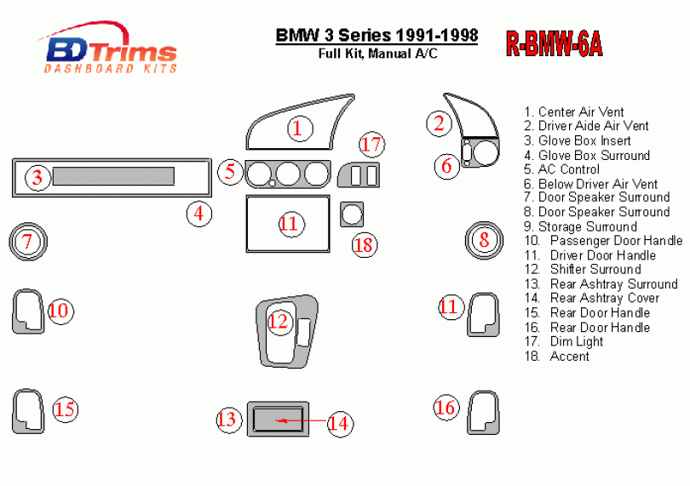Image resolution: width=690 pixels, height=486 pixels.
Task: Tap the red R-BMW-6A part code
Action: coord(554,43)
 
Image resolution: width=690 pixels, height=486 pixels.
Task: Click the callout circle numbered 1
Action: coord(296,129)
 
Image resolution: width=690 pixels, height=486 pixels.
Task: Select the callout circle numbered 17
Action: coord(371,144)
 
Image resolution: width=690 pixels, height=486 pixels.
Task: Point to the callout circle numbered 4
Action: coord(199,213)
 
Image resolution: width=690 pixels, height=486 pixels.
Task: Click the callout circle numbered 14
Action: coord(339,422)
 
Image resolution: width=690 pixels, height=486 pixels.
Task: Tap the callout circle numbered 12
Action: coord(278,322)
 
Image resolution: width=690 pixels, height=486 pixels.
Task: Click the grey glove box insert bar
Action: coord(114,176)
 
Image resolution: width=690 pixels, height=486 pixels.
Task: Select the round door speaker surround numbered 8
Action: coord(484,239)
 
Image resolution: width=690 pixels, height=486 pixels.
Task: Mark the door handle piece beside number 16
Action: coord(483,412)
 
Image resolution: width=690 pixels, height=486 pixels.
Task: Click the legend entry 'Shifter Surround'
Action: coord(595,269)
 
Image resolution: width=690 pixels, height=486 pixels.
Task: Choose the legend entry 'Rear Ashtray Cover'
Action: coord(604,298)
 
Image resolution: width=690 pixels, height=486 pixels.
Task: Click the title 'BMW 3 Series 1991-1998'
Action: coord(377,36)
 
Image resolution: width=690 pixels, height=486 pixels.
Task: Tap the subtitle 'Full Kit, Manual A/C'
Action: coord(377,54)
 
